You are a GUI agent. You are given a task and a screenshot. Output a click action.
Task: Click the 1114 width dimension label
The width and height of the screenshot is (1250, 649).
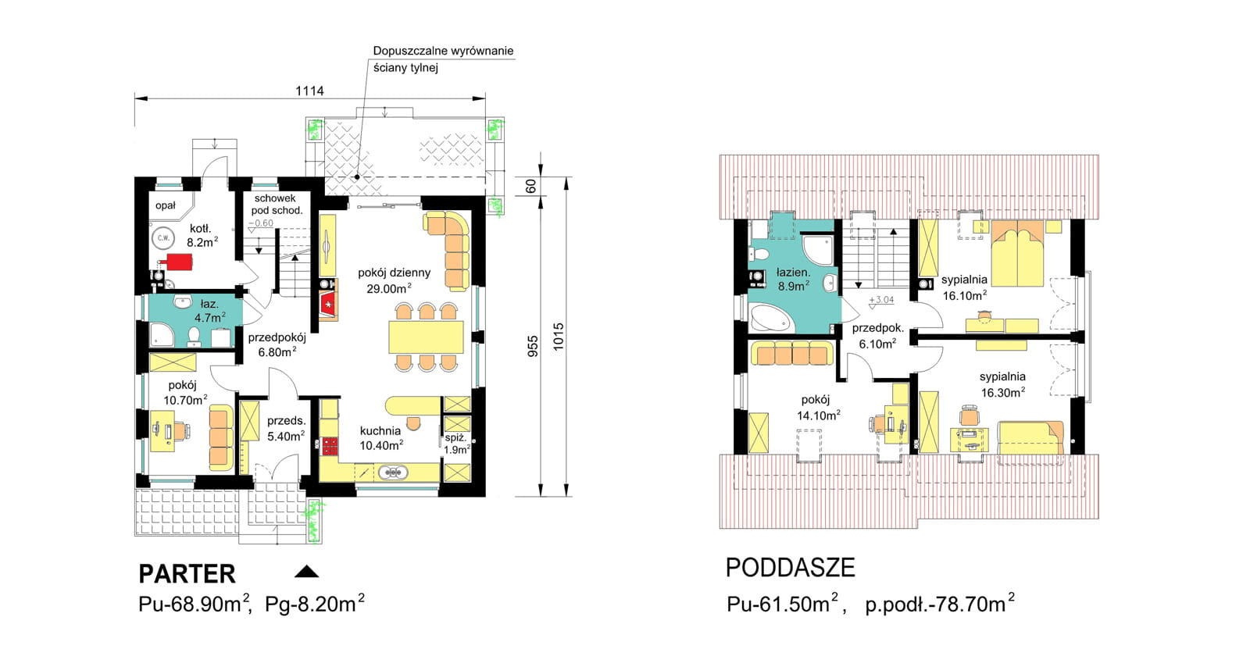tap(309, 91)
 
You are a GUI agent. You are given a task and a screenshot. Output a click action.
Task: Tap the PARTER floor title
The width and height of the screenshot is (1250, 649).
tap(187, 574)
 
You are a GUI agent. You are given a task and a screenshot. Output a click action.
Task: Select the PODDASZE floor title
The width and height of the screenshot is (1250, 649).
tap(790, 568)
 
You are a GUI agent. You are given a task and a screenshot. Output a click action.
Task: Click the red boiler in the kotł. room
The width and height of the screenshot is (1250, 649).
tap(180, 262)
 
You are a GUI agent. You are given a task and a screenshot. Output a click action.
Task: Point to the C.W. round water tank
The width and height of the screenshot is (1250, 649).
tap(163, 238)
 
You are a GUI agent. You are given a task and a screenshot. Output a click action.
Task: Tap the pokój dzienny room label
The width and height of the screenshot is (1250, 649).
tap(394, 273)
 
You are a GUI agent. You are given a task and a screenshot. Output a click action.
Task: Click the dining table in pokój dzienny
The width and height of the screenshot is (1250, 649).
tap(427, 337)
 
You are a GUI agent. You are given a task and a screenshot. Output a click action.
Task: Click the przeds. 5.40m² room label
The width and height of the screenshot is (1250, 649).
tap(286, 428)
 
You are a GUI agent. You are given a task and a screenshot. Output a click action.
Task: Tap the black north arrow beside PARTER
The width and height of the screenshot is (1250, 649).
tap(306, 572)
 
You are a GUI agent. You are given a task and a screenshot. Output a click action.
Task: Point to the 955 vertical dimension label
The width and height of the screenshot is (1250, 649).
tap(533, 346)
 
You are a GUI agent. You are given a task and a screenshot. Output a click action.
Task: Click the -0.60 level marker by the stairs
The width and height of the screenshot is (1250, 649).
tap(261, 223)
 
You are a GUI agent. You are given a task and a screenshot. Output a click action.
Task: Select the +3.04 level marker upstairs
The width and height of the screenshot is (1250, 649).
tap(881, 300)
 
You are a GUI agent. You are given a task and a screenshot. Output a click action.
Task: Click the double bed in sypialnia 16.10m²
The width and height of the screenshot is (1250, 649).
tap(1017, 253)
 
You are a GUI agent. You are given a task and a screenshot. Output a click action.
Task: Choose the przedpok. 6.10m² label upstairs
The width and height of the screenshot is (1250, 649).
tap(878, 336)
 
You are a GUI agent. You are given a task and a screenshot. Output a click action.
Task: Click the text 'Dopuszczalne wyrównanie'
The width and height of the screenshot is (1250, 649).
tap(443, 51)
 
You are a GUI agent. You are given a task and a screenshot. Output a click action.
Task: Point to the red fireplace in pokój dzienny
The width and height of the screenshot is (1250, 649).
tap(328, 305)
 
